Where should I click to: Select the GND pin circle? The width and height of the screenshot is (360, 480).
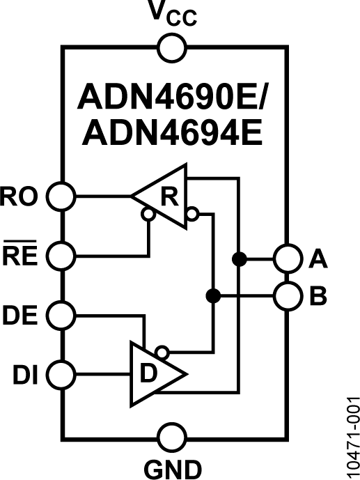(172, 439)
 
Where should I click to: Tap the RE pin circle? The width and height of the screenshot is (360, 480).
(61, 256)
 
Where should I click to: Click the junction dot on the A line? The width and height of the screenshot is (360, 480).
(239, 259)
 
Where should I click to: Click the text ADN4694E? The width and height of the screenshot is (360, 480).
(173, 132)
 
